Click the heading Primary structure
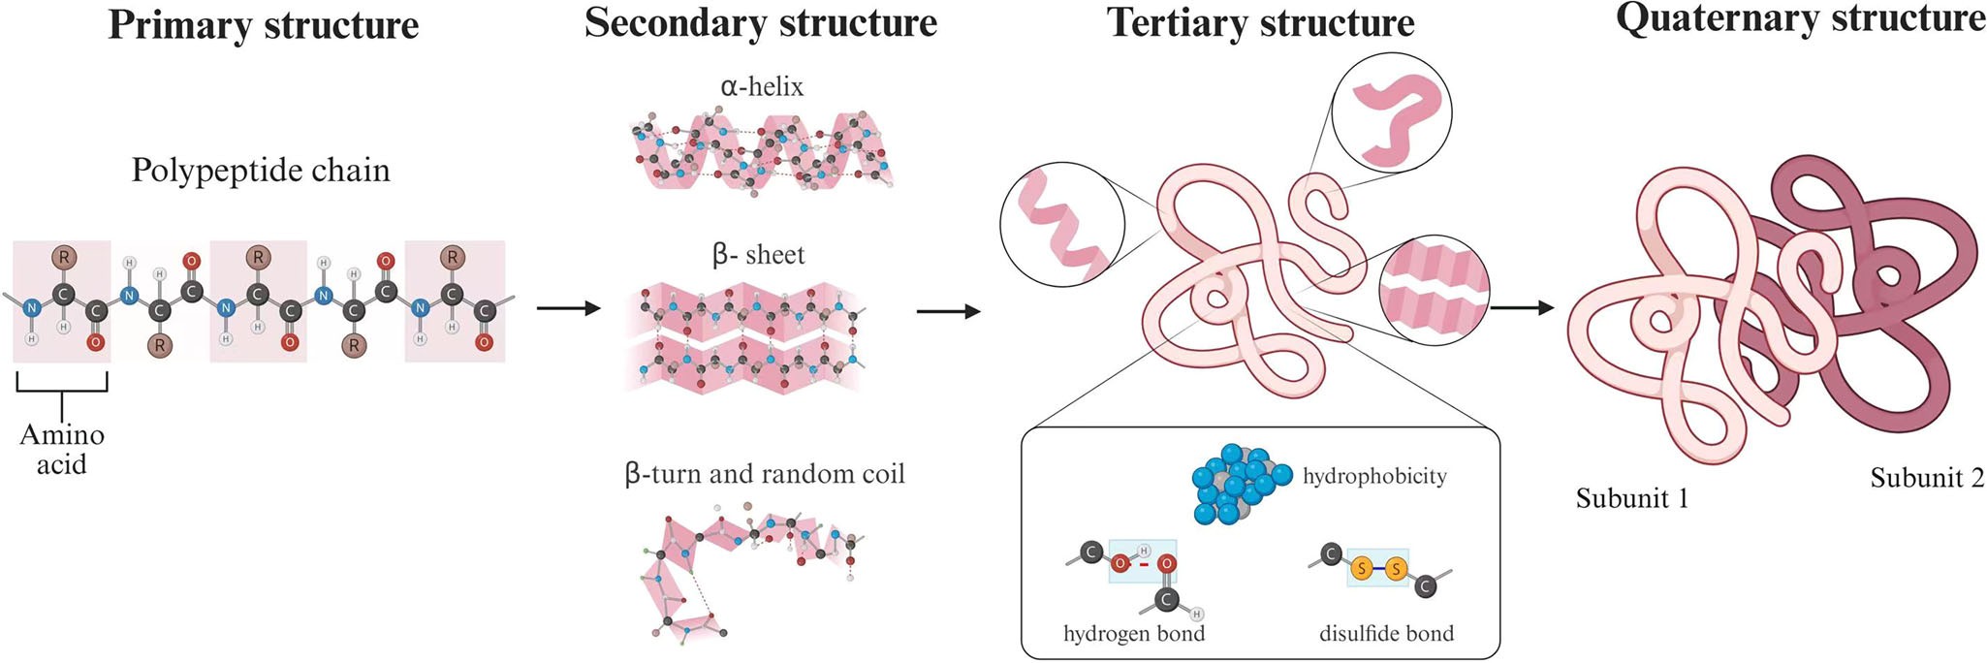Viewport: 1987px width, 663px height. tap(263, 25)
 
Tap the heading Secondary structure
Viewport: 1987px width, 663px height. tap(761, 23)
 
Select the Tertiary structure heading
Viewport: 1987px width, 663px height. tap(1260, 23)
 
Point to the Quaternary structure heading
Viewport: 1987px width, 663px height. tap(1800, 19)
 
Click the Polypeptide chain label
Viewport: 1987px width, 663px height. tap(261, 171)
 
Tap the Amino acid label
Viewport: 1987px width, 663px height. tap(62, 449)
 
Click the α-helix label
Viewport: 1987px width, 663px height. tap(762, 87)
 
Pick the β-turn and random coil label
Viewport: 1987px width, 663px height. tap(765, 474)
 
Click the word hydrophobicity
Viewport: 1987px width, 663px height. tap(1374, 476)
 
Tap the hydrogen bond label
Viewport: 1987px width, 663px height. tap(1134, 634)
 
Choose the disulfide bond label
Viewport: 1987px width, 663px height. tap(1386, 634)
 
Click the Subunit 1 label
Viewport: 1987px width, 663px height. tap(1632, 498)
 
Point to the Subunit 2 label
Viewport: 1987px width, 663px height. tap(1927, 478)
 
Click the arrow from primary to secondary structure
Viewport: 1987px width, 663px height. tap(568, 309)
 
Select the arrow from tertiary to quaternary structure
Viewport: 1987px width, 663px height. tap(1522, 309)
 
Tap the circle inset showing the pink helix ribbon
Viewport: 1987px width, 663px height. tap(1062, 225)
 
